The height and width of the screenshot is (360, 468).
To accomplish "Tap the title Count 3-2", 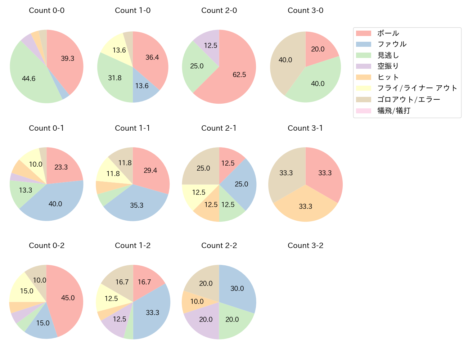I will coord(305,246).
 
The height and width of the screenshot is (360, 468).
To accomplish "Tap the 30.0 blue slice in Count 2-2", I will coord(238,288).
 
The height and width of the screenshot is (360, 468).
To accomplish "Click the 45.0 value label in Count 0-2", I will coord(68,298).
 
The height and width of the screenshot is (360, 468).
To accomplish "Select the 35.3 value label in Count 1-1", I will coord(137,205).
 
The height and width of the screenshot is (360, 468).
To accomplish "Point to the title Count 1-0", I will coord(132,10).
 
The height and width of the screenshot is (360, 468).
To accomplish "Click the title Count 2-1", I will coord(219,128).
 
